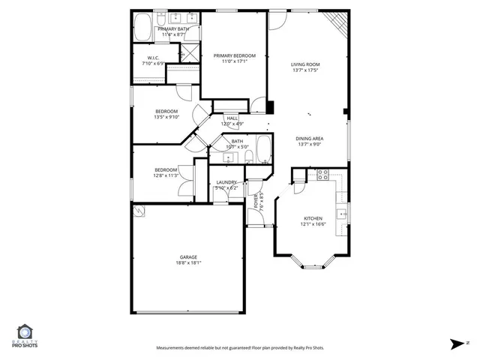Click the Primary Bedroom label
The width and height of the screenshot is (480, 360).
click(x=234, y=55)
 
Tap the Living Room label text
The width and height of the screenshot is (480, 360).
click(x=305, y=64)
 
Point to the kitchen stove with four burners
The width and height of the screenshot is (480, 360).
click(x=323, y=175)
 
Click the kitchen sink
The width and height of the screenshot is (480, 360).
click(x=342, y=214)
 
